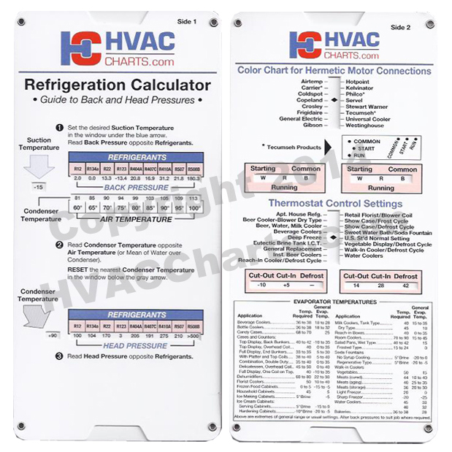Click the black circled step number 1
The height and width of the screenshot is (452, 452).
[x=61, y=126]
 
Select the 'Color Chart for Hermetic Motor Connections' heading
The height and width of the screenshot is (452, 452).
[x=334, y=71]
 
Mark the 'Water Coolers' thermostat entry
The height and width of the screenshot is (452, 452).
[x=364, y=256]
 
